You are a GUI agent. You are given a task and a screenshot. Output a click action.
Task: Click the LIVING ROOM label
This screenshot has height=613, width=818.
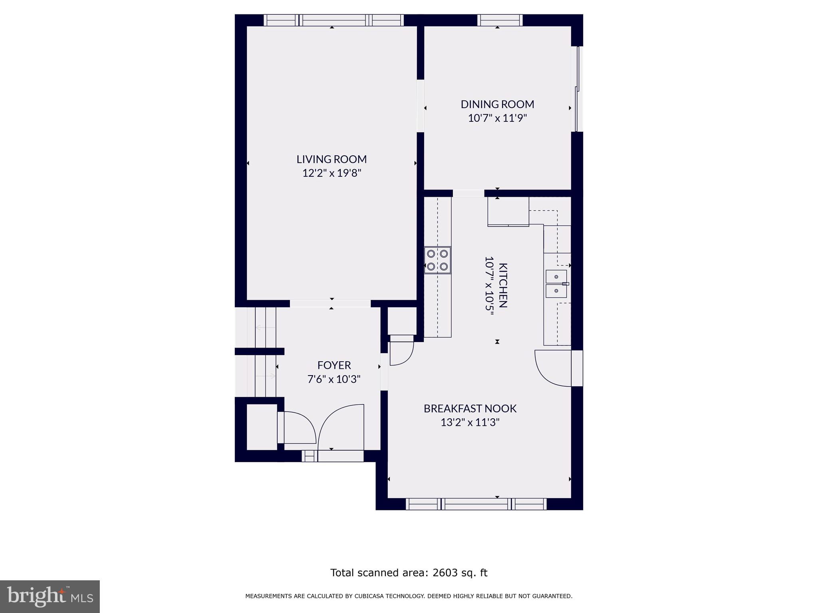[331, 159]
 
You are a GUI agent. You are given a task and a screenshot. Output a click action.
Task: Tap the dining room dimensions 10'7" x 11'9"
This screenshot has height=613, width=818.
[497, 118]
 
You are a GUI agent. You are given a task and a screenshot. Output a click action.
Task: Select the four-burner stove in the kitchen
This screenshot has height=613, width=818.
[437, 260]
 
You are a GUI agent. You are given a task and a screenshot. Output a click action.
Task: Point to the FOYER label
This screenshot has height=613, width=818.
[334, 365]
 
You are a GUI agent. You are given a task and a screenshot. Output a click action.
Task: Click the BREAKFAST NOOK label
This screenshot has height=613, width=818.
[470, 409]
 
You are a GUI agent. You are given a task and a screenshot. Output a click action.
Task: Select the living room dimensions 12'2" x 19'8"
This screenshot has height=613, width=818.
[332, 173]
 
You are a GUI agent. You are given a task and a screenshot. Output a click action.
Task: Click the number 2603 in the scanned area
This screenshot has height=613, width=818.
[445, 573]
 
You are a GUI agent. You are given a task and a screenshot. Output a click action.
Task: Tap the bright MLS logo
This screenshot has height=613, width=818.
[50, 597]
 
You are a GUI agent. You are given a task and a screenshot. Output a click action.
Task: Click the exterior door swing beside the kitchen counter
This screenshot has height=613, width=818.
[553, 368]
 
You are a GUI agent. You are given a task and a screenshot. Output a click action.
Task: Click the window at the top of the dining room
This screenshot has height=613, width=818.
[499, 20]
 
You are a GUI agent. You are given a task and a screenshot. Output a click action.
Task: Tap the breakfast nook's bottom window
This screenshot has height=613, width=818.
[476, 504]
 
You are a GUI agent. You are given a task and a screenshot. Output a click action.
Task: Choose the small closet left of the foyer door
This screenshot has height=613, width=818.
[262, 427]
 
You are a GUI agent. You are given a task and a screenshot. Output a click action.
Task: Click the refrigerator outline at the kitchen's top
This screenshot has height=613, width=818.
[508, 212]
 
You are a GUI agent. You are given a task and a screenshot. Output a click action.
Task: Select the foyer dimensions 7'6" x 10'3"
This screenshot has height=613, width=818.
[334, 379]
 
